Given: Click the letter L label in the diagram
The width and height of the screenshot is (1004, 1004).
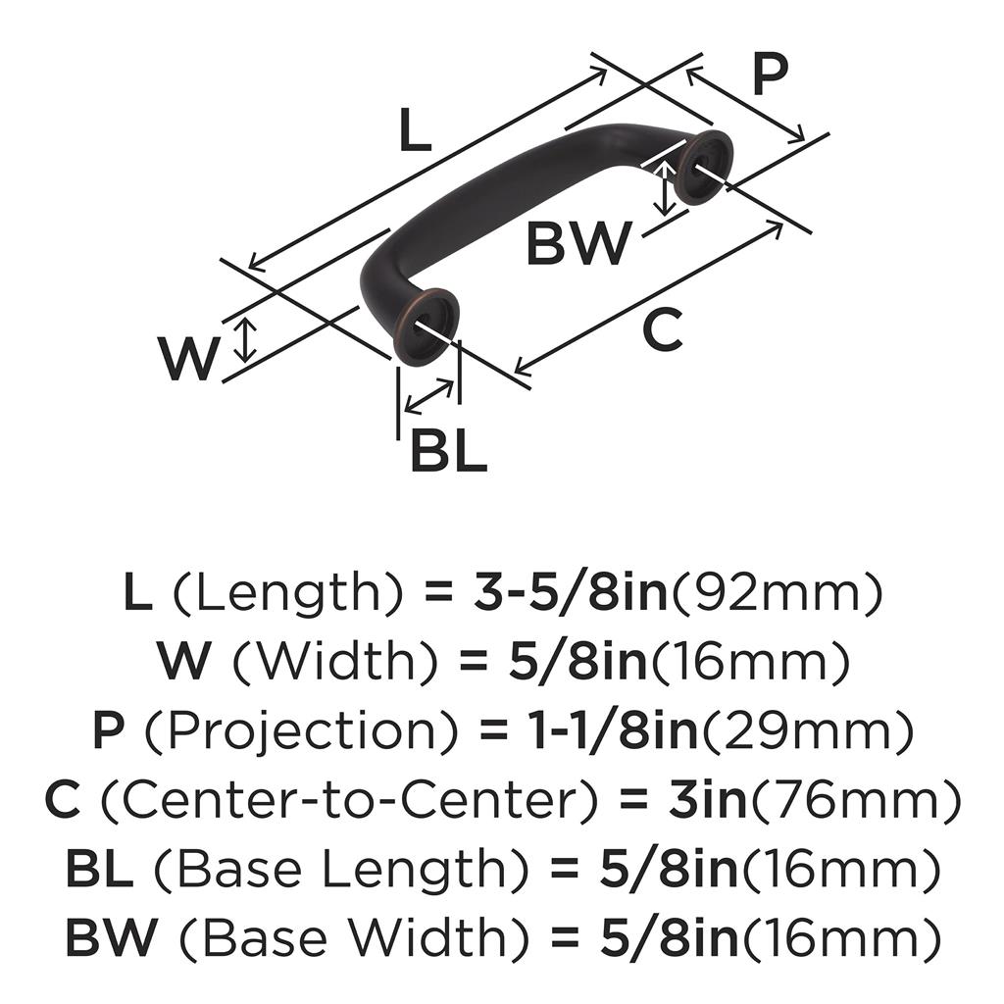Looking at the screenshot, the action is click(x=415, y=129).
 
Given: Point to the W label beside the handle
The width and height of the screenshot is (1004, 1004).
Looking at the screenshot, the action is click(x=188, y=359).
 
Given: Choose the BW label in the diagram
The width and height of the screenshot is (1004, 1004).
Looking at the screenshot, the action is click(x=578, y=243).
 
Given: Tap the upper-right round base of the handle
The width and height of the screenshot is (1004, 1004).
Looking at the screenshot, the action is click(x=704, y=167).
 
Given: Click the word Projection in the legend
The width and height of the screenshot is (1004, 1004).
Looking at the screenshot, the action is click(x=302, y=729).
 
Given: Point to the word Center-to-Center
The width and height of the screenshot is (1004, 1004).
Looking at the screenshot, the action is click(x=350, y=799).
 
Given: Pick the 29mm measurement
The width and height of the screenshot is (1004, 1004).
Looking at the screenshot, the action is click(x=806, y=729).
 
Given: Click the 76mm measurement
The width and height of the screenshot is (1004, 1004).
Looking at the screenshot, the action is click(x=855, y=799).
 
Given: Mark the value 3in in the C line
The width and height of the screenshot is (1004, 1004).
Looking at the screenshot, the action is click(x=707, y=799).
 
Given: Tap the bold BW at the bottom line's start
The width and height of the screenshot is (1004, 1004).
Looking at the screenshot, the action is click(x=111, y=937).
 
